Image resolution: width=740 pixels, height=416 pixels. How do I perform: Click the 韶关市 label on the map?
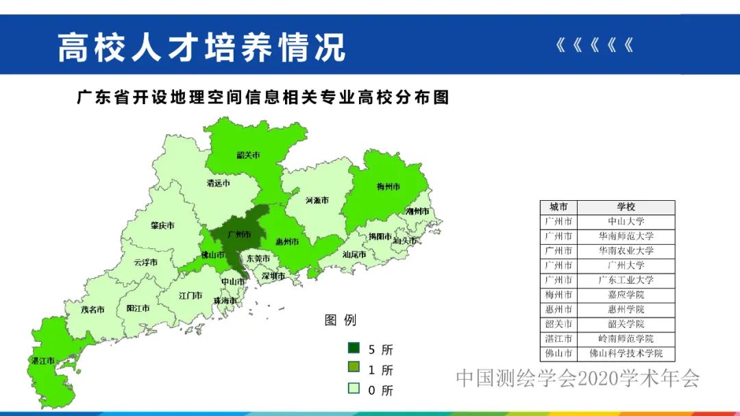249,155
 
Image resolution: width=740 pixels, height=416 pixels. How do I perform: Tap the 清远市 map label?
219,184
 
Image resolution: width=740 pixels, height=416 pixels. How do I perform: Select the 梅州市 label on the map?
388,186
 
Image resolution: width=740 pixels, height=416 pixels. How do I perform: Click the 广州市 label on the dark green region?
239,234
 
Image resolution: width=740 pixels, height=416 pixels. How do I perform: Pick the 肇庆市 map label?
163,225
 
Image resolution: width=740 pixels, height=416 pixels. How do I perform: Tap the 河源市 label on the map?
317,200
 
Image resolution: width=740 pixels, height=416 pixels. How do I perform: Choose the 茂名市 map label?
92,309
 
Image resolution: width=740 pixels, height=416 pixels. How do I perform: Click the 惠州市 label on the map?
287,242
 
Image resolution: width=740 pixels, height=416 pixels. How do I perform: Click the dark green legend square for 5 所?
354,349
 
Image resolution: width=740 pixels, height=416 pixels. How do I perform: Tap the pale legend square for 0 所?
354,389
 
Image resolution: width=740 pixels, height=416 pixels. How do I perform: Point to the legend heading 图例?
341,320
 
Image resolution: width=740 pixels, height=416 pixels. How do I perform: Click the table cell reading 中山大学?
626,221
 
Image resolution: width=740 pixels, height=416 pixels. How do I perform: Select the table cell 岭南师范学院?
626,339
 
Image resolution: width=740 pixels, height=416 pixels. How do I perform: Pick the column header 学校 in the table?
626,207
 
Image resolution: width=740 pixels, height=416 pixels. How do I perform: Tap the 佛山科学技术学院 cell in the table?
626,354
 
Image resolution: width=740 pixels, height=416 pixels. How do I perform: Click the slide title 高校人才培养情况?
201,47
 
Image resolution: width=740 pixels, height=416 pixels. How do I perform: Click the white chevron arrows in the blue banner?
594,46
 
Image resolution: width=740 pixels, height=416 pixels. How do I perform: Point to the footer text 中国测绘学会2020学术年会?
578,378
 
